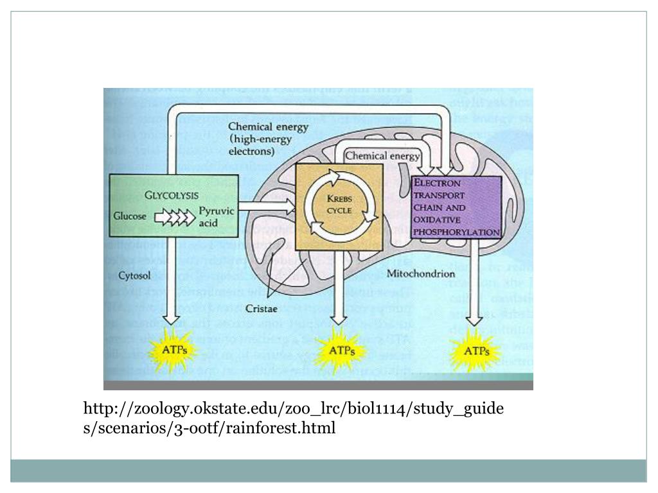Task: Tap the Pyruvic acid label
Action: (x=216, y=216)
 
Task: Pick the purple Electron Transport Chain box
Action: (x=456, y=207)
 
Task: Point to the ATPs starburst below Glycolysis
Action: (x=171, y=350)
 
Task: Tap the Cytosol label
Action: (x=135, y=275)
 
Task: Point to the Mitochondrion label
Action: (x=421, y=273)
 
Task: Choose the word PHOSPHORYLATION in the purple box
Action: (x=456, y=232)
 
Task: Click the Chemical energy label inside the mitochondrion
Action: (x=382, y=156)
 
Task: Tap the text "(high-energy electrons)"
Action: (x=260, y=146)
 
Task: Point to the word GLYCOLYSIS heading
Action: (x=172, y=195)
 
